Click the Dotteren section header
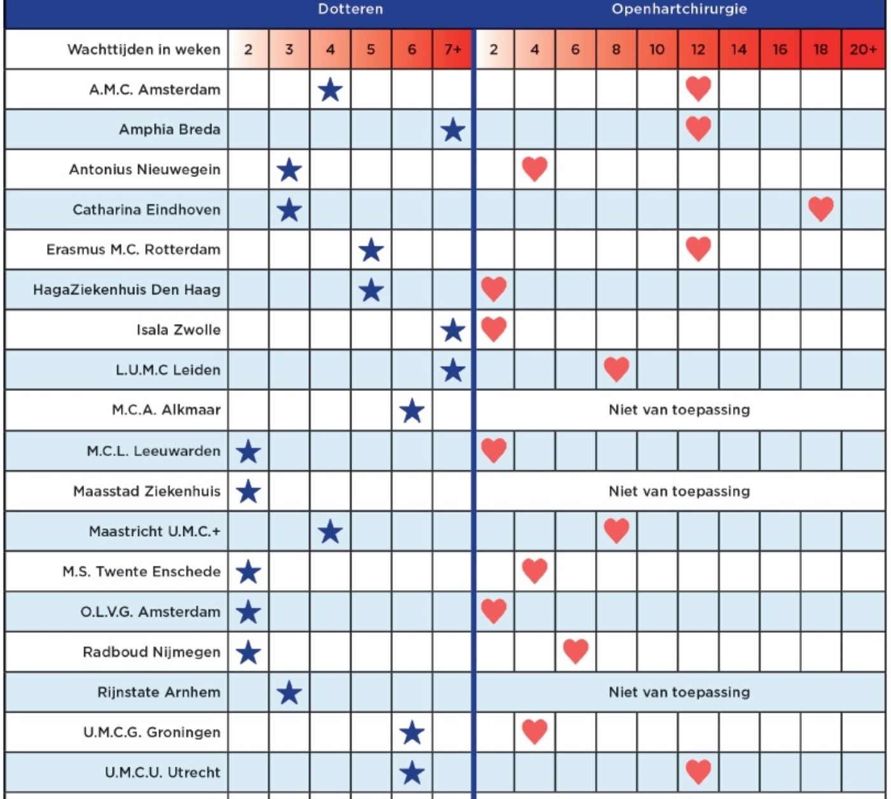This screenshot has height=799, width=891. (x=351, y=10)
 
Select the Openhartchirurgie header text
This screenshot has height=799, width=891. (x=679, y=10)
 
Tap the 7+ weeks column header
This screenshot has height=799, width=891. (x=453, y=49)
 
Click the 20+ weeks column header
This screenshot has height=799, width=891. (x=863, y=49)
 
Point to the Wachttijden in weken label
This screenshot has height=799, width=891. (x=144, y=50)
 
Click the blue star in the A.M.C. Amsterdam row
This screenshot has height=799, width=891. (x=330, y=90)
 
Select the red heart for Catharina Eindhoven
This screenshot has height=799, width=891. (x=820, y=209)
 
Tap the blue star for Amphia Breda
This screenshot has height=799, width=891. (x=453, y=131)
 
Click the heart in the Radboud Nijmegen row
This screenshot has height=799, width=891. (x=575, y=651)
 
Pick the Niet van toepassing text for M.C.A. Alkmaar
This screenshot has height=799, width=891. (x=679, y=410)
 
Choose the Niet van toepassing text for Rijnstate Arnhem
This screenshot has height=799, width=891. (x=679, y=692)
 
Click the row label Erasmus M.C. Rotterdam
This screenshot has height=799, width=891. (x=133, y=250)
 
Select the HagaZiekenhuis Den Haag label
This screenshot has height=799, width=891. (x=127, y=290)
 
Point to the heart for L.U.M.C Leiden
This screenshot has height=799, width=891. (x=616, y=369)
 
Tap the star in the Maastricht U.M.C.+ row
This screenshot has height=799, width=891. (x=330, y=532)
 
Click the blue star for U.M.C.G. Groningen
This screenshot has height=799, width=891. (x=412, y=733)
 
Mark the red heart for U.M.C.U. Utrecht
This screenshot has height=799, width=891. (x=698, y=772)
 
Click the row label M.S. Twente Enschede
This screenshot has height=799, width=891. (x=142, y=572)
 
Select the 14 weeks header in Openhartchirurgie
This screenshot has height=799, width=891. (x=739, y=49)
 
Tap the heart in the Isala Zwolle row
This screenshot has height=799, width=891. (x=493, y=329)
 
